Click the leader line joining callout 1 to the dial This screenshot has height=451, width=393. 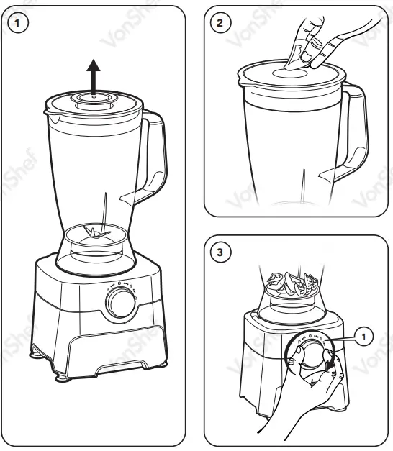[x=340, y=334]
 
